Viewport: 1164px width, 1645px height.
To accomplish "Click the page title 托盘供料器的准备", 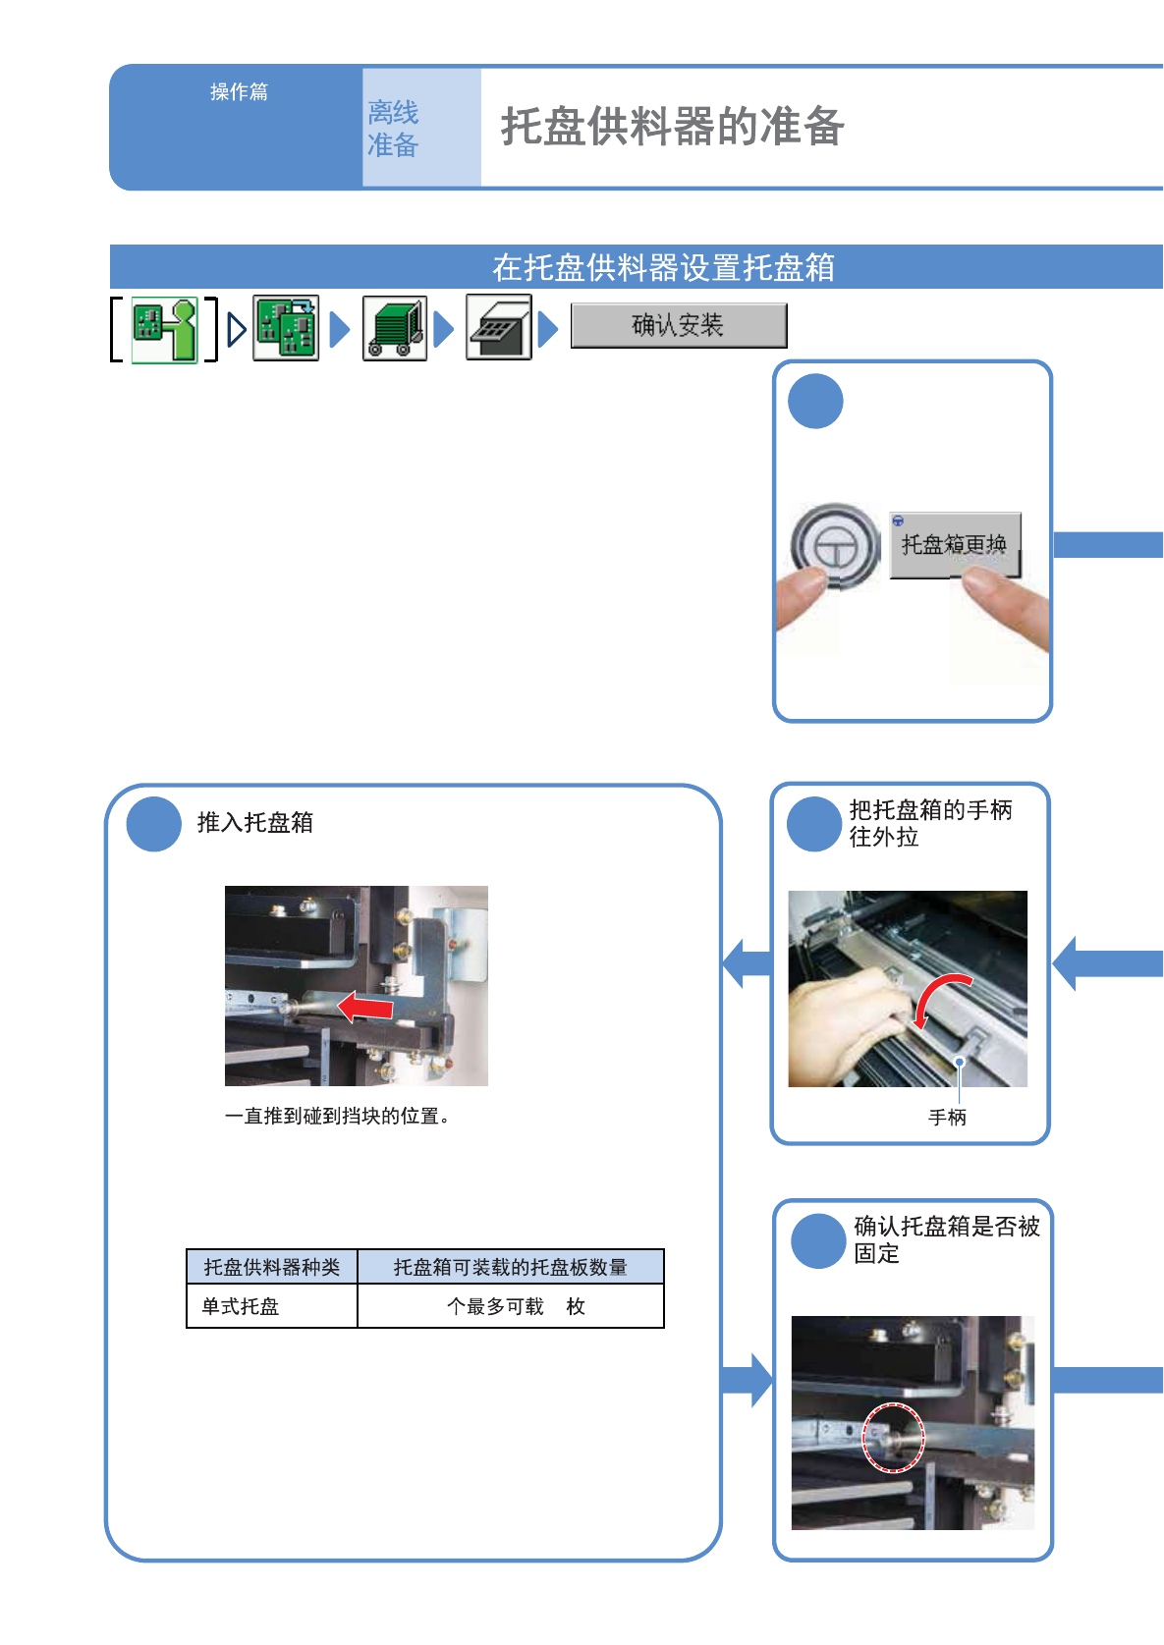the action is pyautogui.click(x=672, y=127).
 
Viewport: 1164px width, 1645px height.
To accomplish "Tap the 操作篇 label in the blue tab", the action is pyautogui.click(x=239, y=92).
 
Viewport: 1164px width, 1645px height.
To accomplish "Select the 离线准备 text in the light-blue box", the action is pyautogui.click(x=393, y=129).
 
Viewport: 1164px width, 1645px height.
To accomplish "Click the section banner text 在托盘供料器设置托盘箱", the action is pyautogui.click(x=663, y=267).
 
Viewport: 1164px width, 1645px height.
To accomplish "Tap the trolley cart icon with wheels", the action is pyautogui.click(x=395, y=328).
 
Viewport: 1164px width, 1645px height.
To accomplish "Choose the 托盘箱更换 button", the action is pyautogui.click(x=955, y=545).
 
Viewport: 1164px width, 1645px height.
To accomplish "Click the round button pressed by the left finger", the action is pyautogui.click(x=835, y=545).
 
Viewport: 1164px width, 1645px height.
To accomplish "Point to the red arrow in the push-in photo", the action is pyautogui.click(x=364, y=1006).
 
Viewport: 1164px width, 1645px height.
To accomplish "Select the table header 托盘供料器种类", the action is pyautogui.click(x=272, y=1267).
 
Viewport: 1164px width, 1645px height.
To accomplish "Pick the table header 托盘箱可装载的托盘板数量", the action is pyautogui.click(x=510, y=1267).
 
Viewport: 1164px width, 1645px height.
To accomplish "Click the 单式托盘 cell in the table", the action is pyautogui.click(x=241, y=1306).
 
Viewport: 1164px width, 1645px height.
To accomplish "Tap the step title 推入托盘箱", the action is pyautogui.click(x=255, y=822).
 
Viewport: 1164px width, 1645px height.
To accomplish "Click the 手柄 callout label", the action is pyautogui.click(x=947, y=1117).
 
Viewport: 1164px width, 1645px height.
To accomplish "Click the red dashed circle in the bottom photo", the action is pyautogui.click(x=893, y=1438).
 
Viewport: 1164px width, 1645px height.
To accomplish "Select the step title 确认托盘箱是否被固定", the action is pyautogui.click(x=946, y=1238).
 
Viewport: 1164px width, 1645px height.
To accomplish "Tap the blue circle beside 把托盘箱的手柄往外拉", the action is pyautogui.click(x=814, y=824).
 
